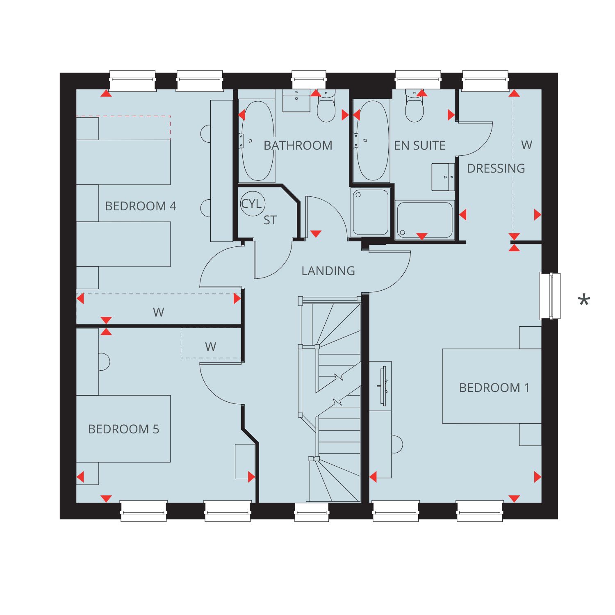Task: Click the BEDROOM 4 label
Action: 141,206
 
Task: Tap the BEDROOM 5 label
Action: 123,429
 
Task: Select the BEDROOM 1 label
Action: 494,387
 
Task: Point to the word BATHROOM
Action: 298,145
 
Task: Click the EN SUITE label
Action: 420,145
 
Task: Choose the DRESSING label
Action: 496,168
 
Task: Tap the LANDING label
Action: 328,271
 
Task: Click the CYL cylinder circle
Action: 252,203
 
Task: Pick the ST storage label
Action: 270,220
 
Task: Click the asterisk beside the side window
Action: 584,301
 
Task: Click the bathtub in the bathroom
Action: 257,141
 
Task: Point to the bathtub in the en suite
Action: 371,141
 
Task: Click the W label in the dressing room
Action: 526,145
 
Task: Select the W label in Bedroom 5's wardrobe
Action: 210,347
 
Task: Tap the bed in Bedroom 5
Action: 123,428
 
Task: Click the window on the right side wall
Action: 549,296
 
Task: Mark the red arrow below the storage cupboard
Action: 316,234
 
